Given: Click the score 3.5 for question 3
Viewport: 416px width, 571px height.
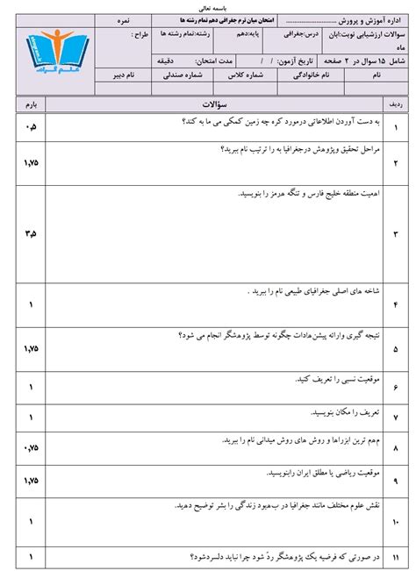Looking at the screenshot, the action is pos(32,235).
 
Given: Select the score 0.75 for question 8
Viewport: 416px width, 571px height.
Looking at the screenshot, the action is pos(32,446).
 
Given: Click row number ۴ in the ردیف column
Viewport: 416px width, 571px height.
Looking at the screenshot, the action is pos(396,304).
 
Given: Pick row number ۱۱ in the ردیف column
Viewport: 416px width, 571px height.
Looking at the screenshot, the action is pos(396,556).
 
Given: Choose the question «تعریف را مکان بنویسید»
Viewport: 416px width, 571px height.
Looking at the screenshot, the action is pos(338,411).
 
